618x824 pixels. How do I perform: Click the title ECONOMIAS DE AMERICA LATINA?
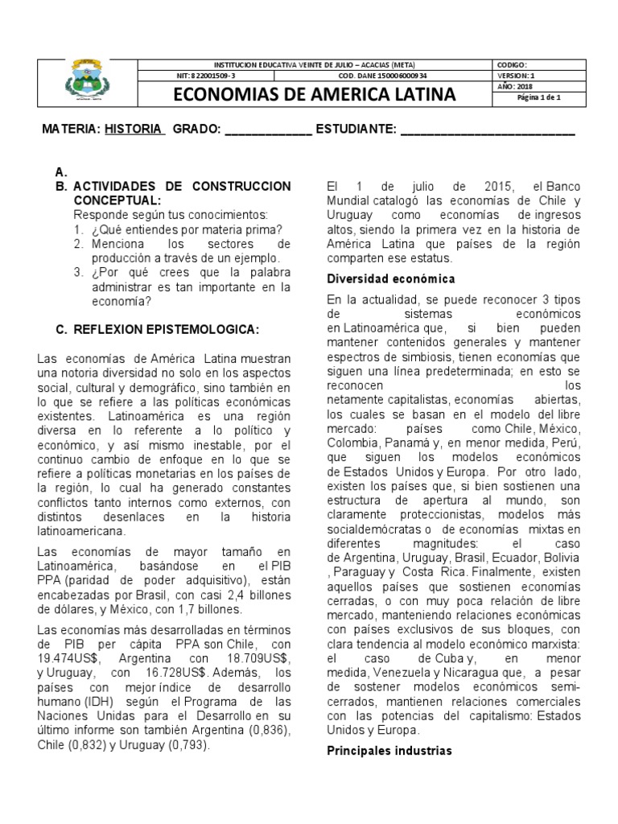315,95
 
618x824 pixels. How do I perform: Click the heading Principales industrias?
389,751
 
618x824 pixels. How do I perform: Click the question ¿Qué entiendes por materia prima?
184,229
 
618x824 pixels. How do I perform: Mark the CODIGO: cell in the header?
513,64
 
